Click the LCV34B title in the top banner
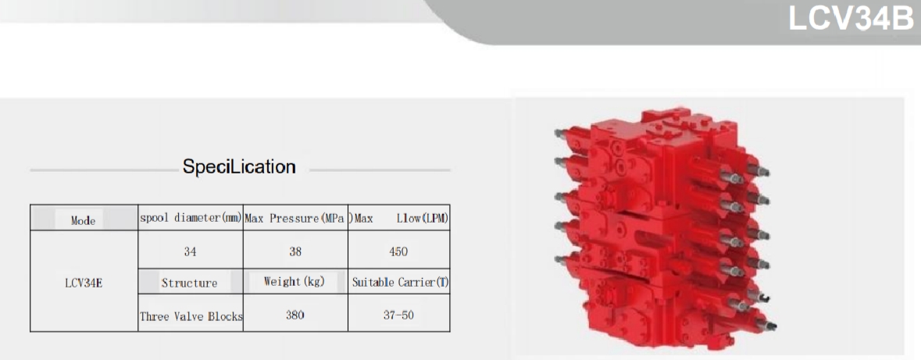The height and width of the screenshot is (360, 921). point(851,20)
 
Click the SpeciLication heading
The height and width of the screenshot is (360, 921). point(239,166)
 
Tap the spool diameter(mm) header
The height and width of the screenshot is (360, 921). point(191,219)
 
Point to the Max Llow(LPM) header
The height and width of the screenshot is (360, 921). point(400,219)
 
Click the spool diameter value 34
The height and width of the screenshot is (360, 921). point(190,252)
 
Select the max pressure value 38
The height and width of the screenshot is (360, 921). point(295,252)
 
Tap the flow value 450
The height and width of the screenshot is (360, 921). point(398,252)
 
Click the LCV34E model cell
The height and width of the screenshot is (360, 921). point(84,283)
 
